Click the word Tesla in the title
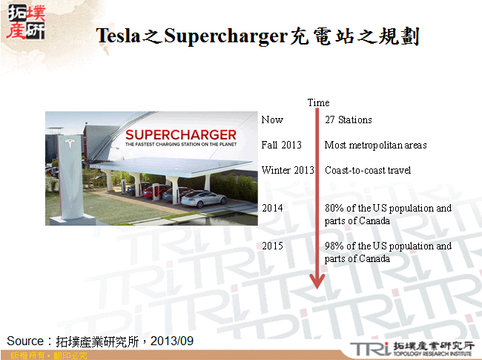[119, 36]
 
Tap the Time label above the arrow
[318, 102]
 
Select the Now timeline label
[272, 120]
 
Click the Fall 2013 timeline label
[281, 145]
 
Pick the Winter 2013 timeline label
[288, 170]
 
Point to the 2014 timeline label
[272, 208]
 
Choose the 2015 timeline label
[272, 246]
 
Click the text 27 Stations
[348, 120]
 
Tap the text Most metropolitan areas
[375, 145]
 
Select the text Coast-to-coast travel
[368, 170]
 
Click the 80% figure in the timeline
[334, 208]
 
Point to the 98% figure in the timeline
[334, 246]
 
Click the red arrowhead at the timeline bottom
[317, 281]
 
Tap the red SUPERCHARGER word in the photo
[180, 135]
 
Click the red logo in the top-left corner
[24, 23]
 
